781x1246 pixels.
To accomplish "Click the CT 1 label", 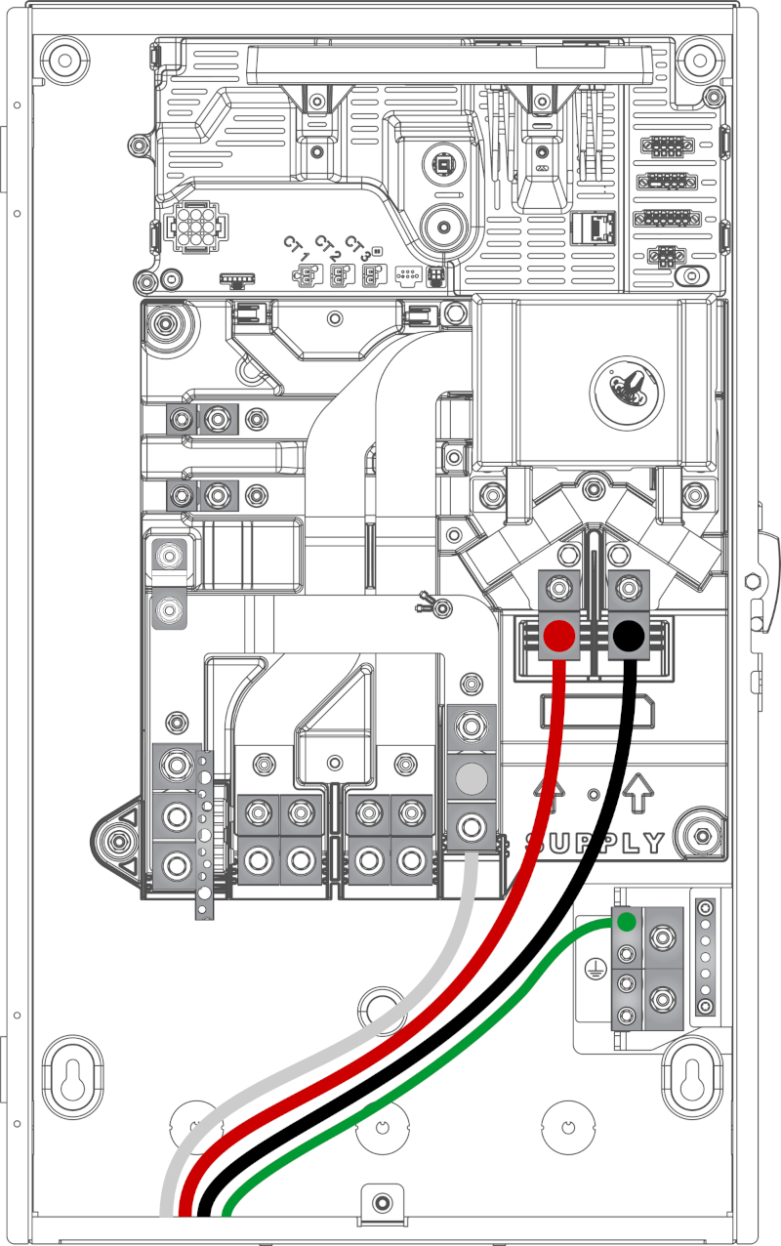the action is click(x=296, y=249).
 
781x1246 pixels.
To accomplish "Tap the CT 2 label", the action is click(x=327, y=248).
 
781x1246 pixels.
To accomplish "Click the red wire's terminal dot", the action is click(x=559, y=636).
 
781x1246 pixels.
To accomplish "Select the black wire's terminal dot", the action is click(x=629, y=636).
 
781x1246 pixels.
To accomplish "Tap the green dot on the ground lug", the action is click(x=627, y=922).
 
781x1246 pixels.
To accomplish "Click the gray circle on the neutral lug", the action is click(x=472, y=777).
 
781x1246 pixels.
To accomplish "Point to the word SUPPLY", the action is click(x=595, y=844).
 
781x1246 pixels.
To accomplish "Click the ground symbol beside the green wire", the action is click(x=595, y=970).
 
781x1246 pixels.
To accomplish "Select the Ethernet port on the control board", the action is click(x=594, y=228).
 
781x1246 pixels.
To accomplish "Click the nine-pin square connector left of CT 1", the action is click(x=196, y=227).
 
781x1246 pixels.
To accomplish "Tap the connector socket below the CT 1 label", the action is click(x=308, y=275).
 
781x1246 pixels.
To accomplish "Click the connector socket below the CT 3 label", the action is click(x=374, y=275).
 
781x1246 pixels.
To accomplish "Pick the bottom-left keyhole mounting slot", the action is click(x=72, y=1080).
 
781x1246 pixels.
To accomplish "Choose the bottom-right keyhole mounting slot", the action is click(x=691, y=1080).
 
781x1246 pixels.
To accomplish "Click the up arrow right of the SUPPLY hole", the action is click(x=638, y=792).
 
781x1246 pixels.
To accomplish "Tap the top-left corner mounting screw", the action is click(x=65, y=60).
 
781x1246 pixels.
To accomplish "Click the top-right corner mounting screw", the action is click(x=700, y=60).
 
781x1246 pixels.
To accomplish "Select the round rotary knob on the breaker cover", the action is click(x=627, y=393).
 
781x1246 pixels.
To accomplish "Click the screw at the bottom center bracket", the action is click(x=382, y=1203).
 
